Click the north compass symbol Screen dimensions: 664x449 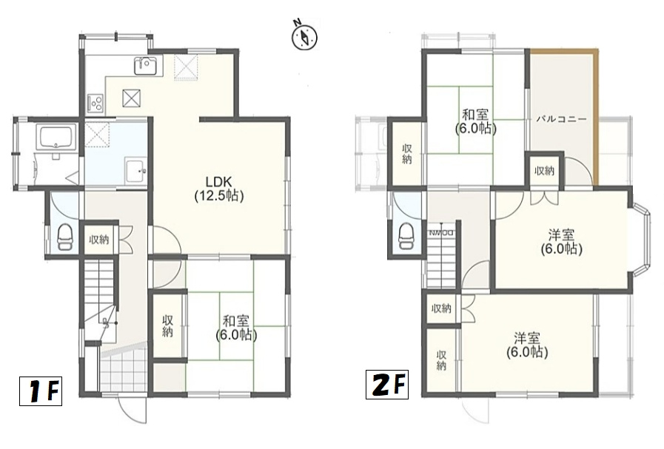[304, 36]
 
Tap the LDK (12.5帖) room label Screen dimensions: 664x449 [219, 189]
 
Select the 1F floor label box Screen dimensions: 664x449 [41, 391]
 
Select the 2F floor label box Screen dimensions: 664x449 [387, 385]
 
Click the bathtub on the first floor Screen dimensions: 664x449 [56, 137]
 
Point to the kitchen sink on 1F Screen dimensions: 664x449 [148, 66]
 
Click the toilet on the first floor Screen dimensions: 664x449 [65, 237]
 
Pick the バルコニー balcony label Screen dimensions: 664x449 [562, 119]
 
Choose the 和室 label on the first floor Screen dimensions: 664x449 [236, 321]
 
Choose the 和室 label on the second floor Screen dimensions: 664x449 [475, 114]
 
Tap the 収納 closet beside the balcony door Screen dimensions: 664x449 [545, 171]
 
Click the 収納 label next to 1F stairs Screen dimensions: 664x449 [98, 240]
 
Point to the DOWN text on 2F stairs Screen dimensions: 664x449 [442, 233]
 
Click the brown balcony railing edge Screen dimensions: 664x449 [595, 118]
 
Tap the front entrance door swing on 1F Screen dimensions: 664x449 [133, 409]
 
